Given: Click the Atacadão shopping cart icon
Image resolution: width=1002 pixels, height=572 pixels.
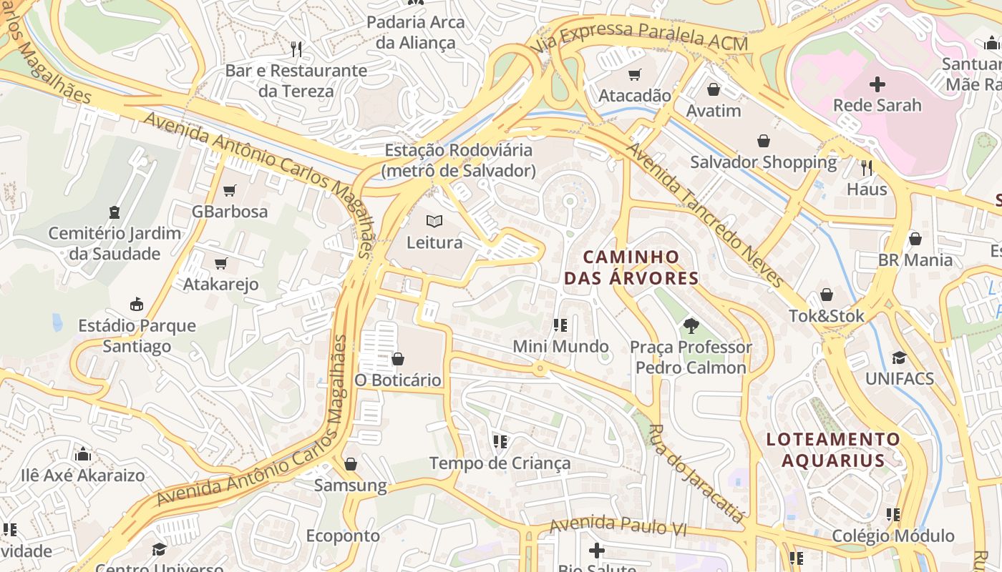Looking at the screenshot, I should tap(634, 74).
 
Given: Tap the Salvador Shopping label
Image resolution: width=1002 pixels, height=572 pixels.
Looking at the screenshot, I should tap(763, 162).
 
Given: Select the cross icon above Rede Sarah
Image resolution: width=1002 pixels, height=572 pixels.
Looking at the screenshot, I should tap(877, 84).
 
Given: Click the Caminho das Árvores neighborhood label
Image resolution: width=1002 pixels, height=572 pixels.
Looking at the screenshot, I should tap(631, 267).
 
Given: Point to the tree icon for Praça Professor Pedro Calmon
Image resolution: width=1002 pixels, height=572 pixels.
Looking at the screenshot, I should tap(691, 326).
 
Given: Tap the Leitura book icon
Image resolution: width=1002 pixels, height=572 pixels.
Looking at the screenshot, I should tap(434, 222).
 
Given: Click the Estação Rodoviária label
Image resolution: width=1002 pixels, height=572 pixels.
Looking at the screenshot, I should tap(458, 160).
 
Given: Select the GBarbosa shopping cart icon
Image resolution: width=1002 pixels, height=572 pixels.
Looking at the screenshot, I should tap(229, 190).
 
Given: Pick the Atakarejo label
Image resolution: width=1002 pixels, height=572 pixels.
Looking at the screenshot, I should tap(220, 284).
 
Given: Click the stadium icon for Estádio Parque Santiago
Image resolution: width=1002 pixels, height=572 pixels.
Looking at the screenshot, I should tap(137, 304).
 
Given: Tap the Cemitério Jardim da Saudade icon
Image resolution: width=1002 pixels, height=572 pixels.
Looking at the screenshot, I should tap(114, 212).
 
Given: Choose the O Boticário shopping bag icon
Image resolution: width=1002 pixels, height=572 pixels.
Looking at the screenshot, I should tap(398, 358).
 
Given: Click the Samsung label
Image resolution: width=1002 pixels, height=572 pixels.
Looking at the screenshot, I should tap(350, 486).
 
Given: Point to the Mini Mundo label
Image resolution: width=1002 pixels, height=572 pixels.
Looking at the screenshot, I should tap(560, 347).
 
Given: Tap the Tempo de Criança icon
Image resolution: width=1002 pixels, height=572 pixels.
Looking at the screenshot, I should tap(500, 442).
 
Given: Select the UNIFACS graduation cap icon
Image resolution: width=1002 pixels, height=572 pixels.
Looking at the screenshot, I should tap(899, 357).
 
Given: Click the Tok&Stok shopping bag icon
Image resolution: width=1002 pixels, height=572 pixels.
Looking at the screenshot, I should tap(827, 295).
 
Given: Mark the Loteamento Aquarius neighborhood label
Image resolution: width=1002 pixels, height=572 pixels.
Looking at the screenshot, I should tap(833, 450).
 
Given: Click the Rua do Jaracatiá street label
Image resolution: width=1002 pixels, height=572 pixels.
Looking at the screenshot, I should tap(694, 473).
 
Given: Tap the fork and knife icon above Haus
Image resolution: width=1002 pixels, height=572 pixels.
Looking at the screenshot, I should tap(867, 168).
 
